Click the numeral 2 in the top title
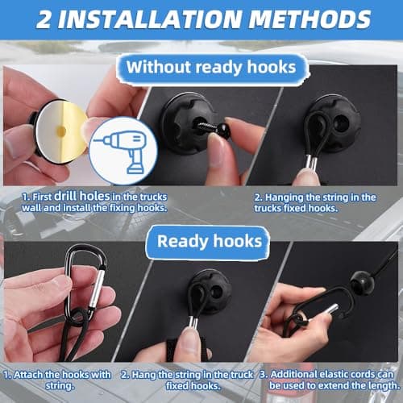tap(44, 19)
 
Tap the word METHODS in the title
tap(310, 19)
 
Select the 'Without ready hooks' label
tap(211, 67)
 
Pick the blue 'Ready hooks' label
tap(210, 241)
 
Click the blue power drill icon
tap(124, 152)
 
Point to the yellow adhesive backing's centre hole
tap(61, 131)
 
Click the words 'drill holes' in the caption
tap(82, 197)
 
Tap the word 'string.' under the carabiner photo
tap(60, 386)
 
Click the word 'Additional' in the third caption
tap(293, 374)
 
